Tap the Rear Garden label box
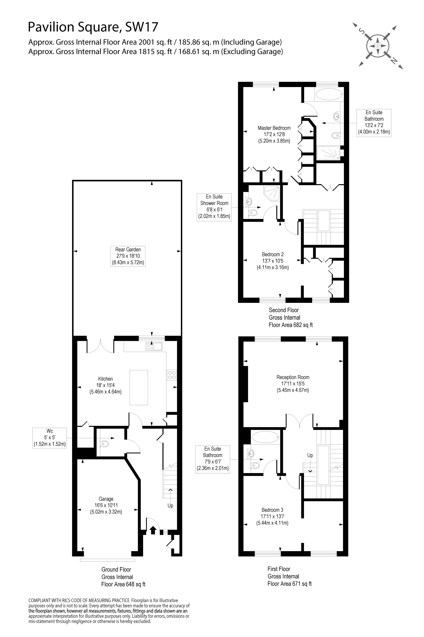click(x=128, y=256)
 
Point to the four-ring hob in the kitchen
click(x=172, y=375)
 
